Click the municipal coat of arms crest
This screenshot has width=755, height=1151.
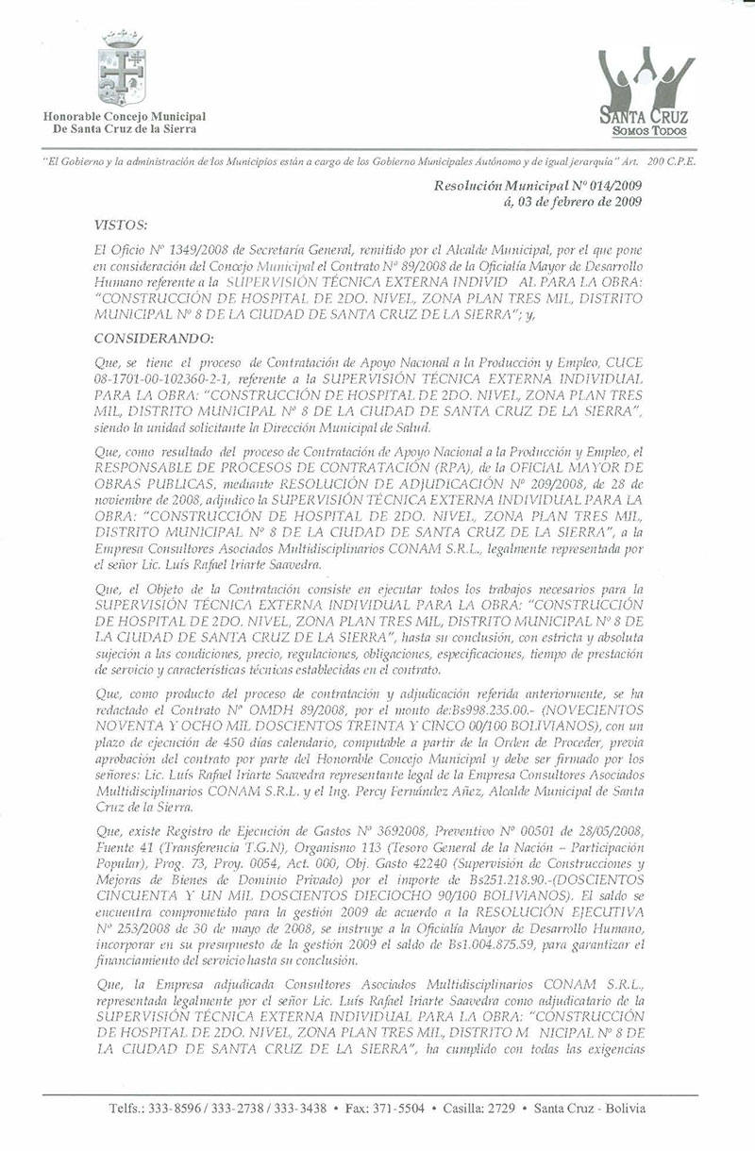123,68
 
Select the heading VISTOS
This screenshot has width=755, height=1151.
121,226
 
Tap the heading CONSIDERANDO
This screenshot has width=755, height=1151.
154,338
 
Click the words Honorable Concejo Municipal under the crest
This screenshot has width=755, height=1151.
124,115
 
